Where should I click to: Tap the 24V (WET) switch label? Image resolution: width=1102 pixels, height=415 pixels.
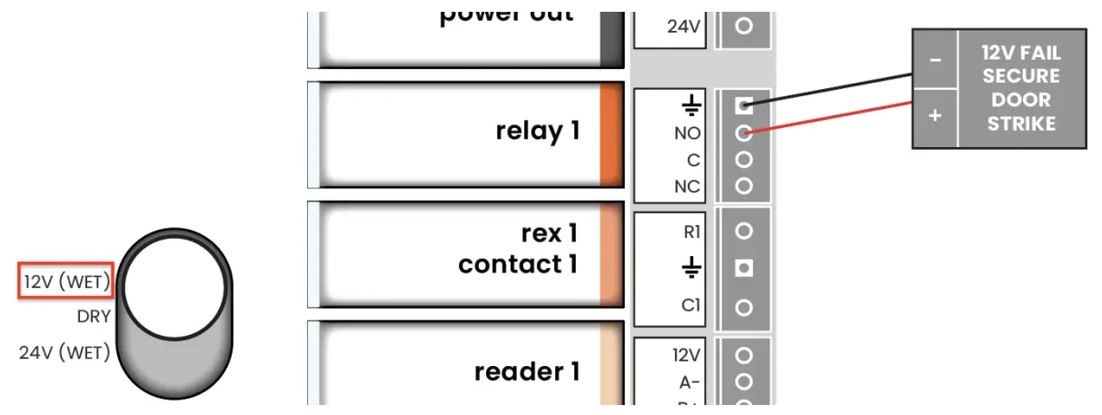[x=65, y=351]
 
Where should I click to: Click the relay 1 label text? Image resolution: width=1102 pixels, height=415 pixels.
[x=537, y=132]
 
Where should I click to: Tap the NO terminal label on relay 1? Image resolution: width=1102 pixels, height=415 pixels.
[x=687, y=133]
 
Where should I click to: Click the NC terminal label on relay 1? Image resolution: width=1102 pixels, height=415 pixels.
[x=687, y=186]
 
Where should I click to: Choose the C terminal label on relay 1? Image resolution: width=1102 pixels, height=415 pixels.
[x=693, y=160]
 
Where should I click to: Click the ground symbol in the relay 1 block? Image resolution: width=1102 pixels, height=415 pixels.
[x=691, y=107]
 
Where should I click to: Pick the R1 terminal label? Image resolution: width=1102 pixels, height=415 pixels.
[x=691, y=232]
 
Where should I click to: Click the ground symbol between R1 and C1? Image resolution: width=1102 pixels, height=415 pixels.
[x=691, y=269]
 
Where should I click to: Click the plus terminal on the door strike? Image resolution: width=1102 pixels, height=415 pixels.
[x=935, y=117]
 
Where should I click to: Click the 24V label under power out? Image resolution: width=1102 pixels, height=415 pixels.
[x=683, y=26]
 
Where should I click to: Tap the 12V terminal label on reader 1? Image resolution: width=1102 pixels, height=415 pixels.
[x=687, y=354]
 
